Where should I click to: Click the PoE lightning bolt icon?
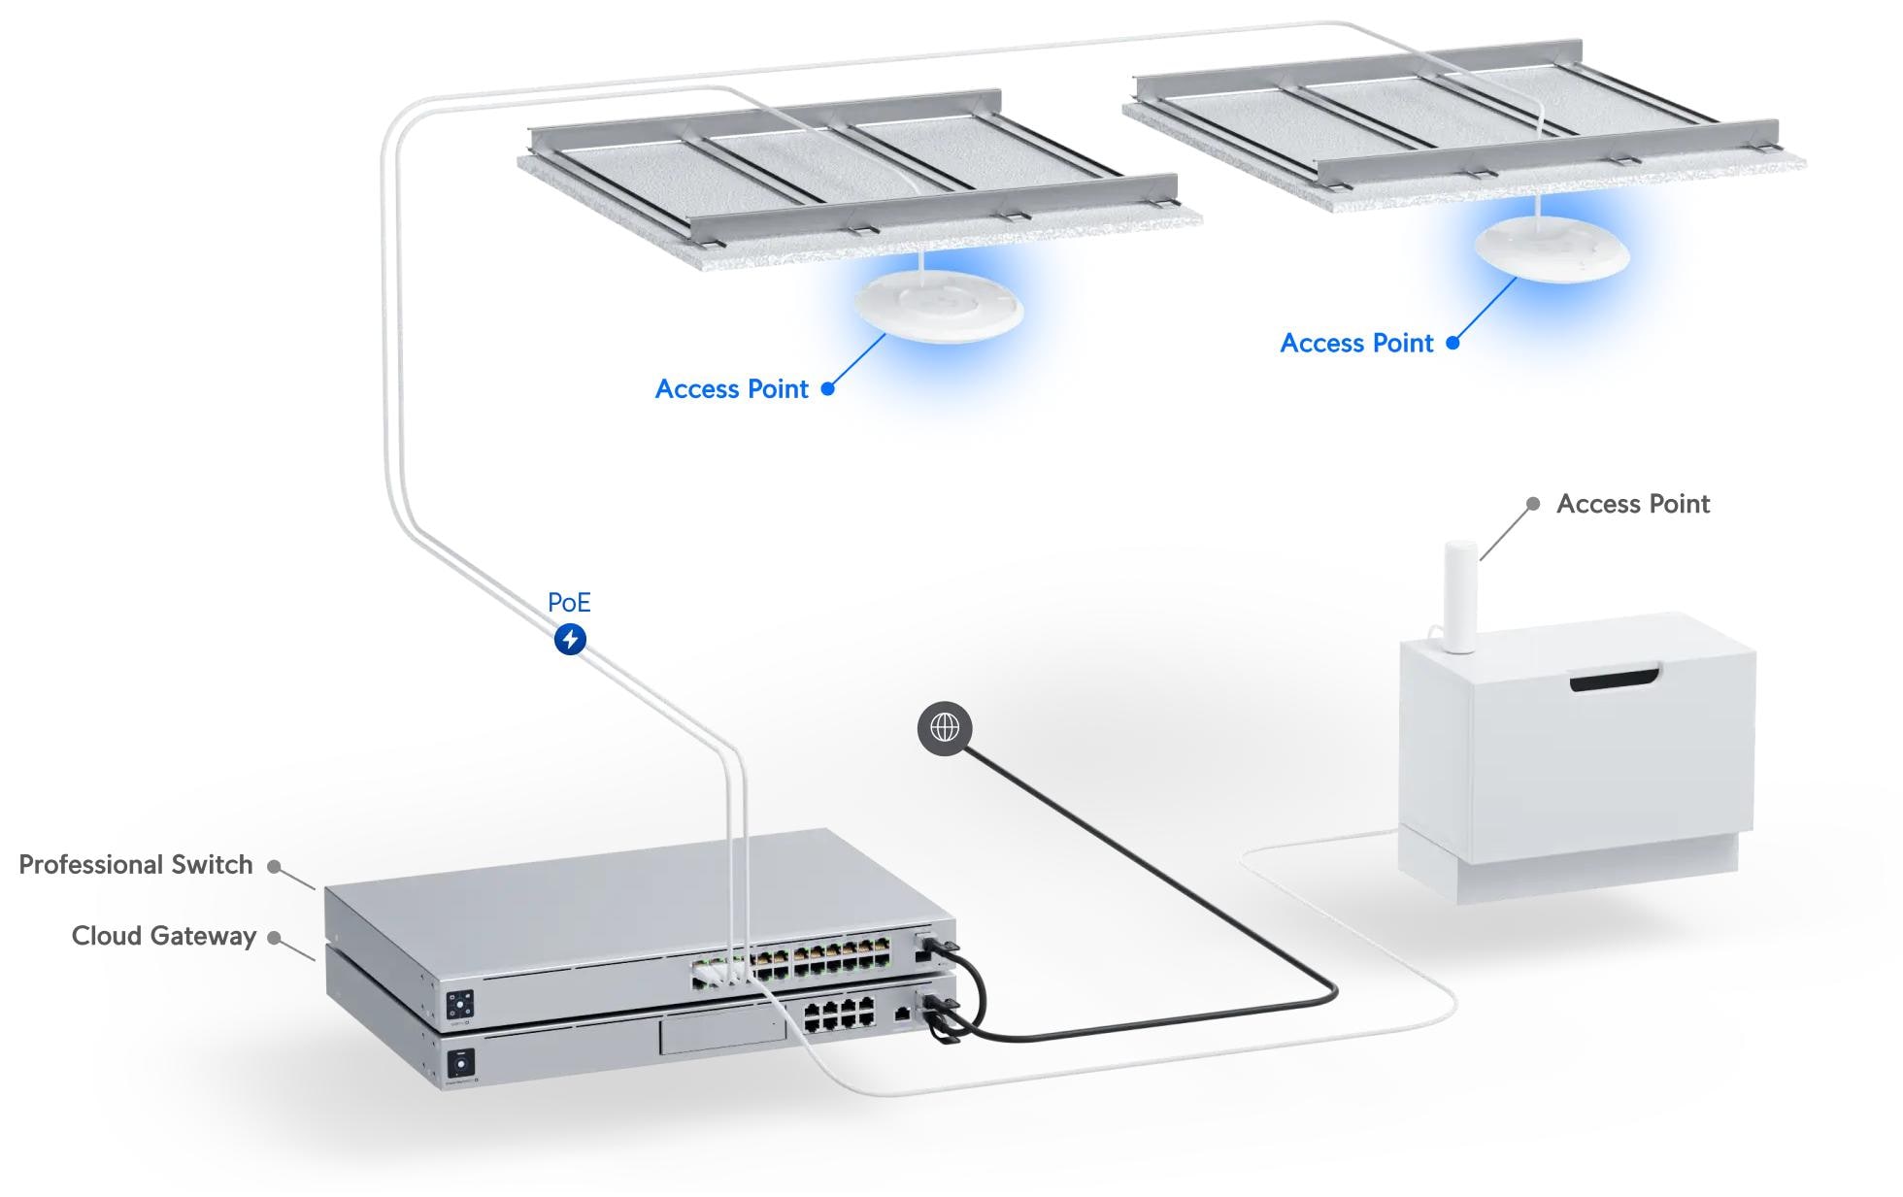tap(570, 640)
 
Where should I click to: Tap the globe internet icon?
tap(944, 727)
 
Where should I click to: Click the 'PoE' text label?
tap(569, 603)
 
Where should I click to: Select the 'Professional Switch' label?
tap(136, 865)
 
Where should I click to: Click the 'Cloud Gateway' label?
tap(164, 936)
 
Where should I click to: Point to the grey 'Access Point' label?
tap(1633, 504)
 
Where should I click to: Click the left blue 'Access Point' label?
tap(731, 389)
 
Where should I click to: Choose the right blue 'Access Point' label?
tap(1356, 344)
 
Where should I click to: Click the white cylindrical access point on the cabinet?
tap(1460, 596)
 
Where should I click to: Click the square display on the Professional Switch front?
tap(459, 1005)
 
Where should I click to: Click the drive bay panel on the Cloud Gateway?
tap(722, 1034)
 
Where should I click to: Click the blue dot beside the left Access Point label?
tap(828, 389)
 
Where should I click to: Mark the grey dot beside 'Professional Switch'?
tap(275, 867)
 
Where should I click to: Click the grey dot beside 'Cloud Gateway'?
tap(275, 938)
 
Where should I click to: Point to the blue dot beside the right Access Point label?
tap(1452, 343)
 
